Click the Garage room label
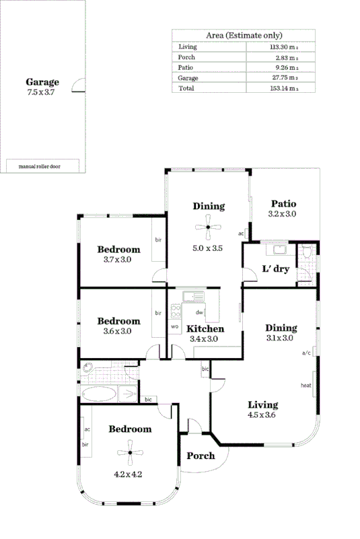coord(42,82)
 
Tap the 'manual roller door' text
coord(40,166)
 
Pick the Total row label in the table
coord(186,88)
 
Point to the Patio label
coord(283,204)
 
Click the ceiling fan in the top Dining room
coord(209,227)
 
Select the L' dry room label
coord(275,269)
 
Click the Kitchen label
coord(205,328)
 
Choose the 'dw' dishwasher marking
coord(199,312)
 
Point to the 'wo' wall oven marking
coord(174,326)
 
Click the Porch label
coord(200,456)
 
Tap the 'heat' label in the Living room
coord(305,386)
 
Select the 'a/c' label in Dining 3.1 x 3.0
coord(306,352)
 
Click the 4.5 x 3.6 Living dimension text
coord(262,415)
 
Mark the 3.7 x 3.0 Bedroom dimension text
coord(117,259)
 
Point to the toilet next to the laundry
coord(307,254)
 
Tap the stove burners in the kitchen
coord(176,311)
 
